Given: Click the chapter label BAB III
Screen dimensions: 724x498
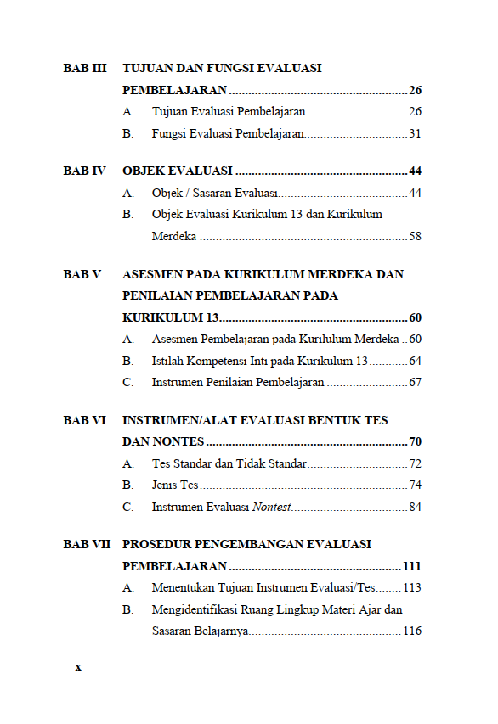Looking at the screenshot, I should pyautogui.click(x=85, y=68).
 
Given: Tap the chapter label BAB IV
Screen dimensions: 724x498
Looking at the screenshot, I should pyautogui.click(x=84, y=171).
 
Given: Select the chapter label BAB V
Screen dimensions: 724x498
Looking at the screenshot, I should pyautogui.click(x=82, y=275).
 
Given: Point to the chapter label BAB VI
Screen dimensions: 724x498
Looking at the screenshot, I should pyautogui.click(x=85, y=420).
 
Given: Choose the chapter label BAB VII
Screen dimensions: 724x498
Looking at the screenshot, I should pyautogui.click(x=87, y=544).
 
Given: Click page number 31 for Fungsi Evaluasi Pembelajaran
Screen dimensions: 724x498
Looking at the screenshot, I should pyautogui.click(x=415, y=133).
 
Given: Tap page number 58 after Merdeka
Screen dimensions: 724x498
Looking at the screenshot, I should pyautogui.click(x=415, y=237).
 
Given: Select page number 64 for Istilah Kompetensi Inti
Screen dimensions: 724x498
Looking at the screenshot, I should pyautogui.click(x=415, y=361).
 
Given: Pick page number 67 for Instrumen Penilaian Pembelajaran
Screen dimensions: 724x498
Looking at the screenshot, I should pyautogui.click(x=415, y=382).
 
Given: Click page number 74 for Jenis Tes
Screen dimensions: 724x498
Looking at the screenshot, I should pyautogui.click(x=415, y=485).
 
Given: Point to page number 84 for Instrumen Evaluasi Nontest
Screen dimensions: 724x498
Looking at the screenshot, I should pyautogui.click(x=415, y=507).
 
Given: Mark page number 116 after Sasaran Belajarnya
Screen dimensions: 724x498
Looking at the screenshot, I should pyautogui.click(x=412, y=631).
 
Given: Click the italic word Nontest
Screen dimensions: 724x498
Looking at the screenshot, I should pyautogui.click(x=272, y=507).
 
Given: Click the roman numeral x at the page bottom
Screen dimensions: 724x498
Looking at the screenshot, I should pyautogui.click(x=78, y=667).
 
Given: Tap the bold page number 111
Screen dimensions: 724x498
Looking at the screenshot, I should pyautogui.click(x=412, y=566).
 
